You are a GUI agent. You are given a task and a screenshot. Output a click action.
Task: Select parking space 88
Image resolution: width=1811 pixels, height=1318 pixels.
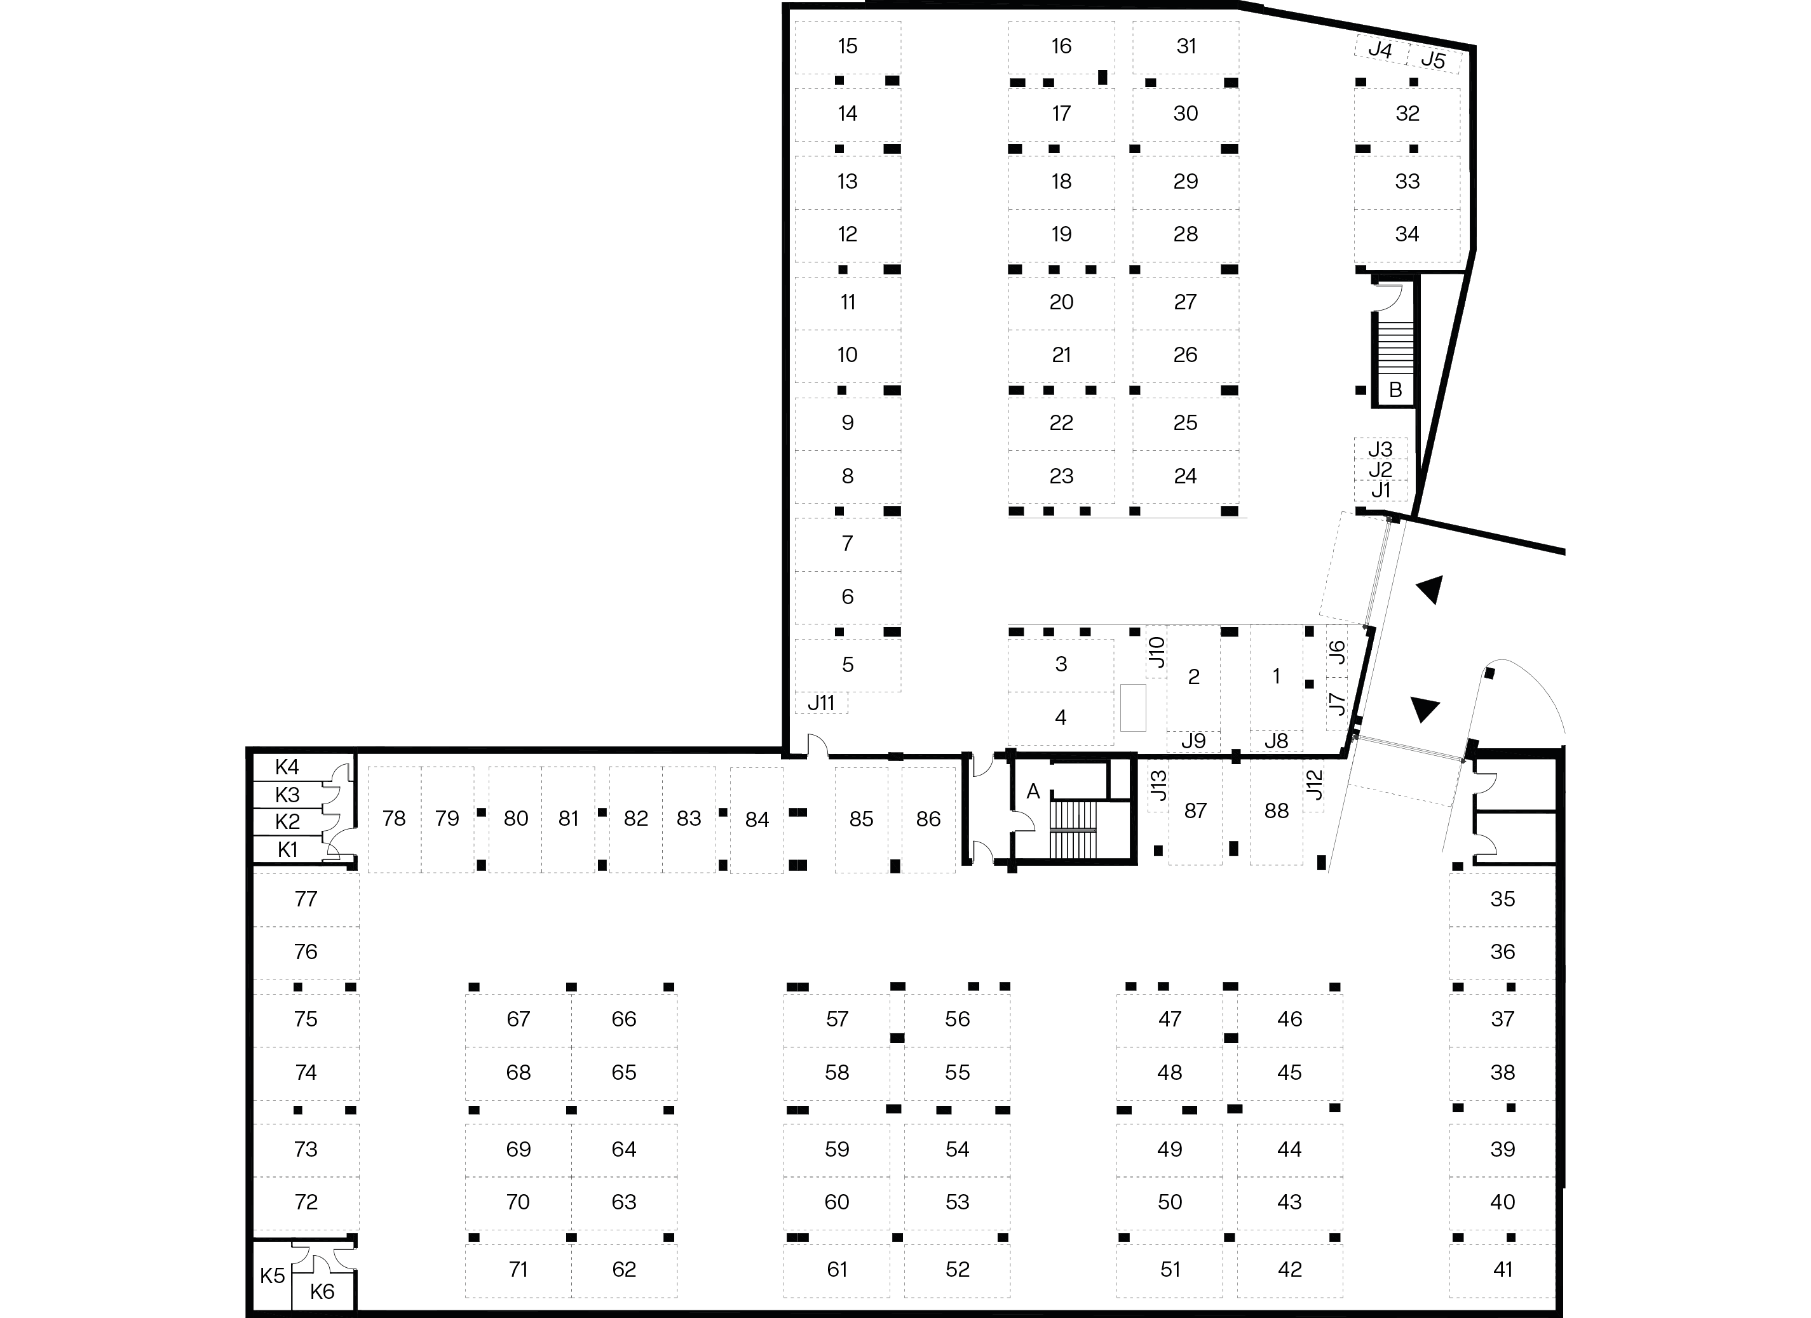1276,810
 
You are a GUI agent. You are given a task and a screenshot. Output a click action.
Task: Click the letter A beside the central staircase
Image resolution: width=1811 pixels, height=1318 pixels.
1033,791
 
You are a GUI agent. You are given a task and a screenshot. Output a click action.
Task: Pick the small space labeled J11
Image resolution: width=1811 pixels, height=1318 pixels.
821,703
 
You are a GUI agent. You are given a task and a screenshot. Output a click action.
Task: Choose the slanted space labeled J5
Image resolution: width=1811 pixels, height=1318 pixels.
1434,60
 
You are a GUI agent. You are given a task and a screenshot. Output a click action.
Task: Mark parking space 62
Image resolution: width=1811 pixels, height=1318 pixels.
625,1268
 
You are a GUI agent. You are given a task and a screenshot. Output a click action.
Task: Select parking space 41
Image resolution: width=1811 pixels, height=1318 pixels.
1502,1268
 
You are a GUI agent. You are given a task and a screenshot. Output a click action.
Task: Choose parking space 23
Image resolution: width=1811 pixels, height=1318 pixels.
1061,476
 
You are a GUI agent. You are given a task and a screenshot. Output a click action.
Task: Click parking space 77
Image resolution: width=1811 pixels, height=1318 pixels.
306,899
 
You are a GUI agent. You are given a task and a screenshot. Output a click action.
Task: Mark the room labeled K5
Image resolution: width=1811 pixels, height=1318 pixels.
273,1275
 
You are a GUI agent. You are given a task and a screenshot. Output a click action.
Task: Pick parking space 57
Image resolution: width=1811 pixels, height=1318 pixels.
837,1019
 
